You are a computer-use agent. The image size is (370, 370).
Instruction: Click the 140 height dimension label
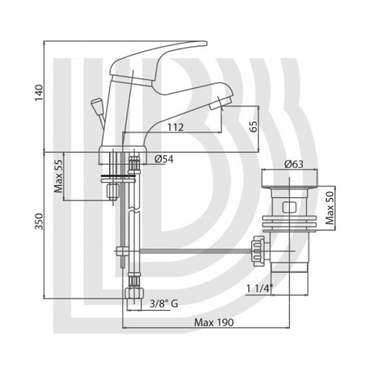coord(39,92)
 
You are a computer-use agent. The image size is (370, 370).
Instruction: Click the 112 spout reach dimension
coord(175,128)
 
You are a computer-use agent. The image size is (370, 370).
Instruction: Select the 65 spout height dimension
coord(253,126)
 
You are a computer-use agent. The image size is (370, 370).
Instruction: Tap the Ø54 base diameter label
coord(164,159)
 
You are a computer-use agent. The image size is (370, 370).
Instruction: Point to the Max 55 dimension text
coord(59,176)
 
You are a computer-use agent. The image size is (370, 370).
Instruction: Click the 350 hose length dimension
coord(39,221)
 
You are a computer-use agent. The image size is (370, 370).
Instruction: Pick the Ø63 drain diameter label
coord(294,164)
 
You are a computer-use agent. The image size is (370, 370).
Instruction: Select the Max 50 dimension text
coord(330,208)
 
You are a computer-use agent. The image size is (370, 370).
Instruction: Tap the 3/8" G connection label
coord(164,303)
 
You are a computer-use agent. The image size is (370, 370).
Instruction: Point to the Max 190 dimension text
coord(214,322)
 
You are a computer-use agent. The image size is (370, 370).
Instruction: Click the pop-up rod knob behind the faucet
coord(96,104)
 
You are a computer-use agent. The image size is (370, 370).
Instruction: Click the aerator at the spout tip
coord(221,104)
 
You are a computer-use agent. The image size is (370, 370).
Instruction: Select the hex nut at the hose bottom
coord(134,294)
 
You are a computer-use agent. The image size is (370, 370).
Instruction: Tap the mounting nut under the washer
coord(113,191)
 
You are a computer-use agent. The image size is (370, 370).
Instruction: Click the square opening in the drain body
coord(289,207)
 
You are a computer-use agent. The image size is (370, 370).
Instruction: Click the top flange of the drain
coord(290,178)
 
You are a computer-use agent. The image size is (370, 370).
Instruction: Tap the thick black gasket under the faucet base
coord(118,176)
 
